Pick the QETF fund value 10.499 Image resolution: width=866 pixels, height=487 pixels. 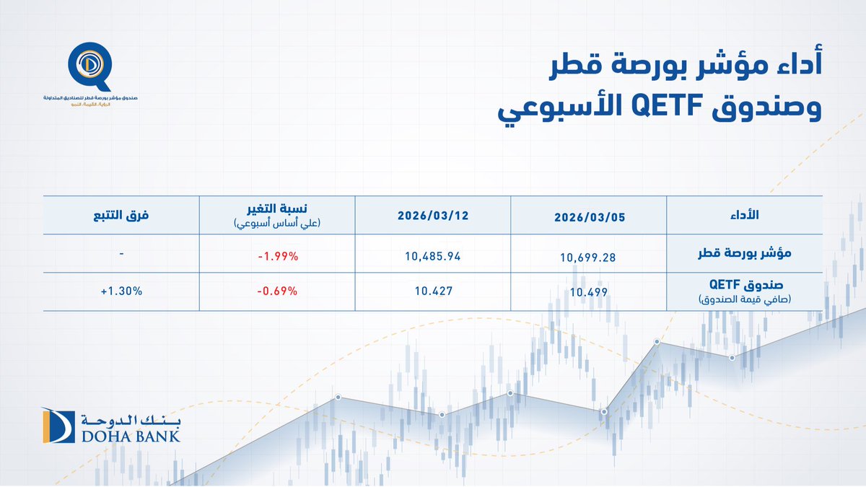[x=587, y=292]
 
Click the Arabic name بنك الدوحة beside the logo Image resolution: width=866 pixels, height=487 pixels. [x=130, y=419]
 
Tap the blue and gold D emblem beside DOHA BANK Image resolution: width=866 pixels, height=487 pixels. [x=58, y=426]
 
